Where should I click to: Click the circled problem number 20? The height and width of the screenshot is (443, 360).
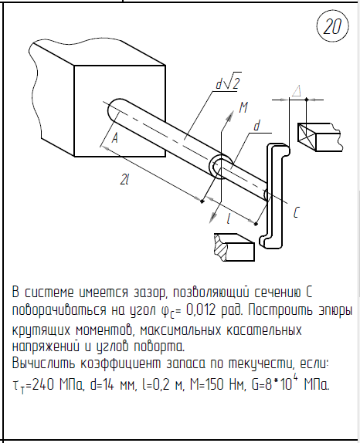(332, 27)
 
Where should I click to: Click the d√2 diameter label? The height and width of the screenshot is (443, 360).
(229, 83)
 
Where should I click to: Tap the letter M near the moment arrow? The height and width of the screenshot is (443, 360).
(243, 107)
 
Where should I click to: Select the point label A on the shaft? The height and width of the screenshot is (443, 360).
(114, 138)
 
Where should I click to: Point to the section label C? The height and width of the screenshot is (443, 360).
(297, 212)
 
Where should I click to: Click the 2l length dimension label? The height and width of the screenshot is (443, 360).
(124, 179)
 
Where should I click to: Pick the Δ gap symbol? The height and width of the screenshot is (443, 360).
(297, 92)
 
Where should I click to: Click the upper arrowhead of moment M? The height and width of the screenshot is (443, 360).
(231, 115)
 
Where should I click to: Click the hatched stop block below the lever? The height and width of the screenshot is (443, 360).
(234, 247)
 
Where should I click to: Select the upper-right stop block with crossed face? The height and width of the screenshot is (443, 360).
(320, 137)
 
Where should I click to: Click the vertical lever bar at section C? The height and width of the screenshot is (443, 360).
(276, 196)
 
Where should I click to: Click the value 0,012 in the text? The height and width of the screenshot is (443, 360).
(202, 310)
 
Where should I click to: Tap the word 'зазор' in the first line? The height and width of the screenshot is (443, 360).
(148, 293)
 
